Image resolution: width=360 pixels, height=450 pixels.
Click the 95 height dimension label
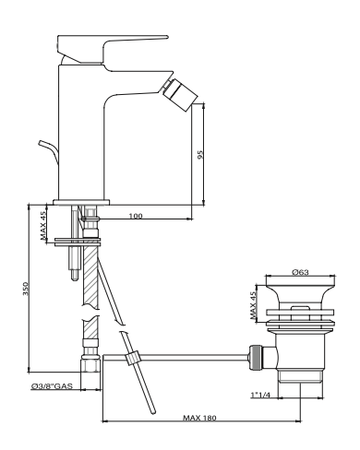tap(200, 154)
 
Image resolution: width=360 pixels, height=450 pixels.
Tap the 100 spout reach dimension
tap(136, 216)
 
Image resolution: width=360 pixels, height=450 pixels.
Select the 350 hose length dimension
tap(26, 289)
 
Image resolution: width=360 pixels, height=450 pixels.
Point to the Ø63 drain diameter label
tap(300, 272)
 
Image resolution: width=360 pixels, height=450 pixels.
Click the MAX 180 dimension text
tap(199, 418)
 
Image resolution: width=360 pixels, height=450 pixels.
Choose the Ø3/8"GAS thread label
tap(52, 385)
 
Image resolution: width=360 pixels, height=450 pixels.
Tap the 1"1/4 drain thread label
tap(260, 395)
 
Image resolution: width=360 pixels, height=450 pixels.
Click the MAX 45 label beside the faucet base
tap(43, 225)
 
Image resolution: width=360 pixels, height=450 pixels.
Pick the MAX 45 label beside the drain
tap(253, 305)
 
